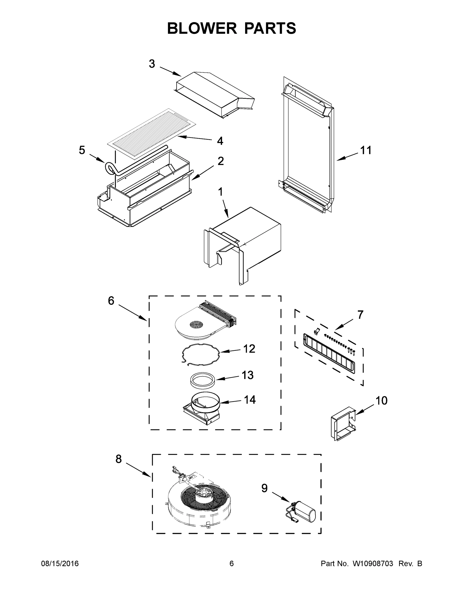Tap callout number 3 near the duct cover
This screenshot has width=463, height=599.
point(152,64)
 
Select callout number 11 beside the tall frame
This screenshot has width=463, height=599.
point(366,150)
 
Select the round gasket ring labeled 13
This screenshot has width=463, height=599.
point(202,380)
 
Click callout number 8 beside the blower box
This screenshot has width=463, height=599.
point(119,458)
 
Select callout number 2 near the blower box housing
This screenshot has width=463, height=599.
point(221,161)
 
